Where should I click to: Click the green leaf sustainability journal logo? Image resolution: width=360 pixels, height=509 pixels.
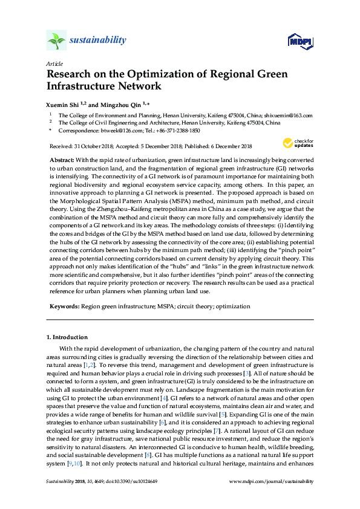(56, 41)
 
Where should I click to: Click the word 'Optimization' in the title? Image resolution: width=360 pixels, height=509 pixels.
(166, 74)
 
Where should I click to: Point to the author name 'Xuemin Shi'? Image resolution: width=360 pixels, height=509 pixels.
(62, 103)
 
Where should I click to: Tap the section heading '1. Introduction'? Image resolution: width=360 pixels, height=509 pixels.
(67, 337)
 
